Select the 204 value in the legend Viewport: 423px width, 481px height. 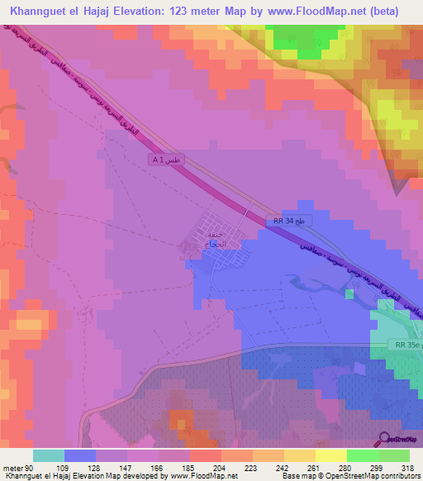coord(220,468)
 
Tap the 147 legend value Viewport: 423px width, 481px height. coord(126,468)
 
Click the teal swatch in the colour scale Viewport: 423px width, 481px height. coord(48,455)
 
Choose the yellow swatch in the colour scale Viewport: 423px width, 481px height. coord(330,455)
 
